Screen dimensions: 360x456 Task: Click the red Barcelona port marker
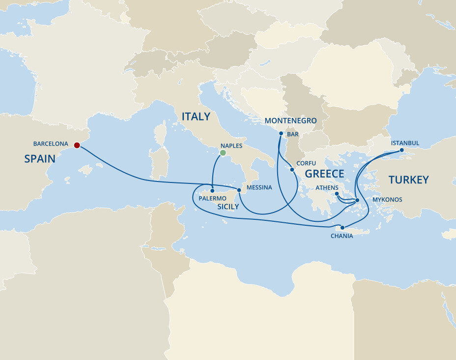coord(77,145)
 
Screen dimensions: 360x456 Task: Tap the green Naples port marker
coord(223,153)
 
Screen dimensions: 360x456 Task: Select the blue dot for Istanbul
coord(401,150)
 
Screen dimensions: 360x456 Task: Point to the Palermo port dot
coord(212,191)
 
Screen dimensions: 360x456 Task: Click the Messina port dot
coord(239,190)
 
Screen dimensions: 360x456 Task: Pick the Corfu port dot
coord(292,170)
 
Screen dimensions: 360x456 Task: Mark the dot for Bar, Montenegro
coord(281,133)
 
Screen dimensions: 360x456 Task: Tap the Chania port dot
coord(342,228)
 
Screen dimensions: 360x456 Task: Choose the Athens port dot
coord(337,194)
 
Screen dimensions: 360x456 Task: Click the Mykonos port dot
coord(357,200)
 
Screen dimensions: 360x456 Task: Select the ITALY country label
coord(196,117)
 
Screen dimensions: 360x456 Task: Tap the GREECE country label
coord(324,174)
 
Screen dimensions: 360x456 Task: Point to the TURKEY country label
coord(409,180)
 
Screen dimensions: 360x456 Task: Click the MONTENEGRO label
coord(290,120)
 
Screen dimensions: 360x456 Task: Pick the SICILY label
coord(228,207)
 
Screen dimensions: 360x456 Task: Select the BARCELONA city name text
coord(51,144)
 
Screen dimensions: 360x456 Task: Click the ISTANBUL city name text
coord(405,143)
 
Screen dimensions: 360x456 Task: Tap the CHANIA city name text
coord(342,236)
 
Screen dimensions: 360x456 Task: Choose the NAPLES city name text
coord(231,146)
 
